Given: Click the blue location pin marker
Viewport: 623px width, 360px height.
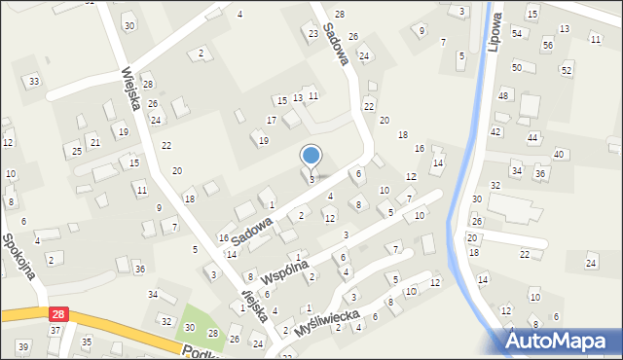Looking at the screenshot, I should point(311,156).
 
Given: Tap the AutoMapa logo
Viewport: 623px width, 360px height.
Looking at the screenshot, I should point(559,341).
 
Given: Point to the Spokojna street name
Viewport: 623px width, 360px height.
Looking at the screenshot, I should point(20,255).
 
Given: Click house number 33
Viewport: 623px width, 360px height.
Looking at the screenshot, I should point(34,81).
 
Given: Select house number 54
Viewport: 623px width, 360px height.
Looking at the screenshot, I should point(517,33).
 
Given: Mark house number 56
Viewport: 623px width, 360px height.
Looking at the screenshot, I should point(548,45).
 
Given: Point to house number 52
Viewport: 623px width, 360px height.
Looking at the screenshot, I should point(566,70).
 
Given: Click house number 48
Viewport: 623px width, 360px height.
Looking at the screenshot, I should point(503,95).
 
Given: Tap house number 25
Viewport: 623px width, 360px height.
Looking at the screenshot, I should point(76,151).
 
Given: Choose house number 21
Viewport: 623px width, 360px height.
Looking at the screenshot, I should point(94,142).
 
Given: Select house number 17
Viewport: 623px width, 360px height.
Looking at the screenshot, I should point(272,120).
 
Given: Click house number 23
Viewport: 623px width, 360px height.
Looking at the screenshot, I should point(313,34).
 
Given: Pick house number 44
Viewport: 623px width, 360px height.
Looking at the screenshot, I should point(532,138).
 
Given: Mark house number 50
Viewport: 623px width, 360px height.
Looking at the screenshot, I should point(517,67).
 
